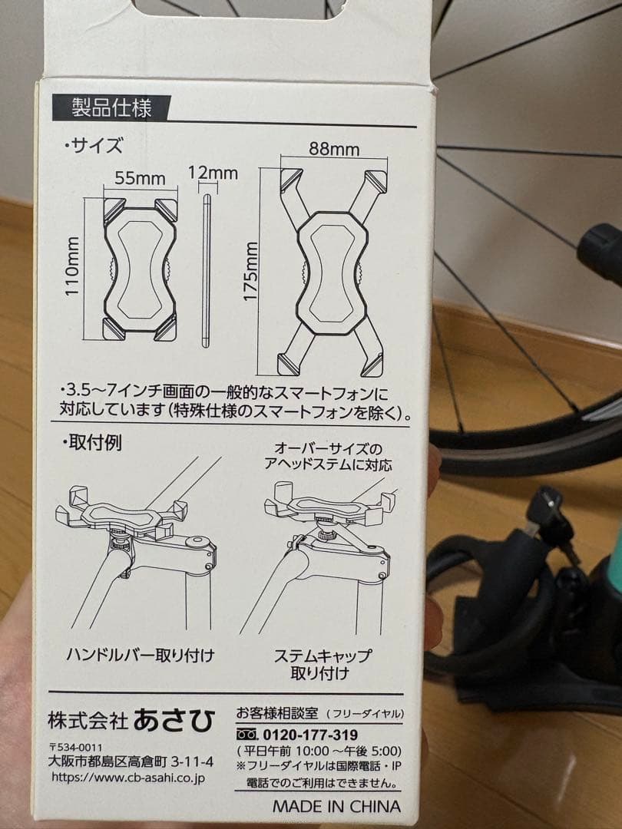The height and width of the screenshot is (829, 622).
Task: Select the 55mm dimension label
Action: pos(140,179)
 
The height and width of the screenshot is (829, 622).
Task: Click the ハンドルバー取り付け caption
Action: pos(140,655)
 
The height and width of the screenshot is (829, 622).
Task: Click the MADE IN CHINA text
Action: pos(336,806)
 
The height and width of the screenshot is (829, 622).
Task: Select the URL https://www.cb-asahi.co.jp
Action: pos(127,777)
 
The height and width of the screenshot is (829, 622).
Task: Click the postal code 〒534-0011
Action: pos(75,747)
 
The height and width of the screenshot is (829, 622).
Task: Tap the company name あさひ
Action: pos(174,719)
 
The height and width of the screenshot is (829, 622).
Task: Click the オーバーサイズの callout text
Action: pos(332,448)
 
